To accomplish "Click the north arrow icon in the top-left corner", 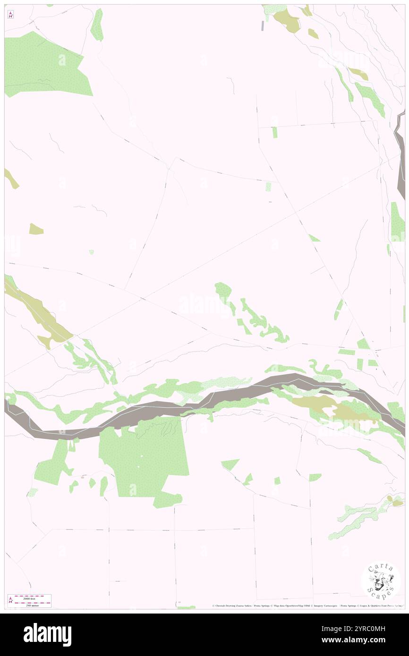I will point(10,15).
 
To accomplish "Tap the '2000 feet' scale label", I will point(33,598).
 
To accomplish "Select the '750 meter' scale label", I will point(33,605).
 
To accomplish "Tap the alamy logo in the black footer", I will point(47,634).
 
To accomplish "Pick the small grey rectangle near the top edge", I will point(263,26).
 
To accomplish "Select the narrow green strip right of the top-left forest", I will point(97,25).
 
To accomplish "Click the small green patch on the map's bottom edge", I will point(186,607).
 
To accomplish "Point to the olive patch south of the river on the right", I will point(331,408).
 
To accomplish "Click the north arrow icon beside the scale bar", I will point(10,601).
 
